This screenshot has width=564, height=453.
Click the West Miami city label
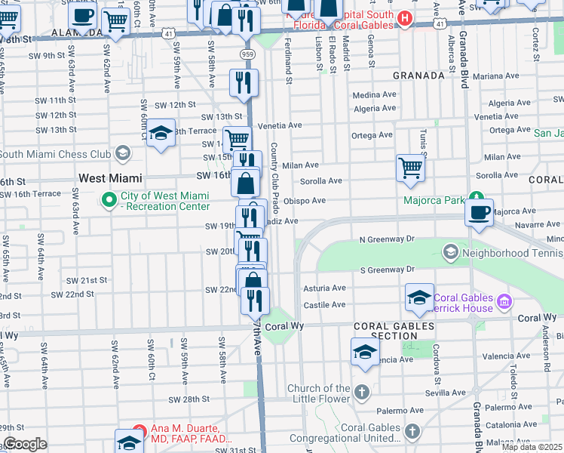click(110, 178)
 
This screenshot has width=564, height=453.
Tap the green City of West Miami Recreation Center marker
click(109, 200)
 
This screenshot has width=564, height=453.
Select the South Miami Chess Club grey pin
click(122, 154)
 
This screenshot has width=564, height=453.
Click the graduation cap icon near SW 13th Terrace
click(161, 134)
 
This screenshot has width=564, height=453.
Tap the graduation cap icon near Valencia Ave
click(366, 351)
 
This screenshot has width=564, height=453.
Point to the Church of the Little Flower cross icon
click(362, 391)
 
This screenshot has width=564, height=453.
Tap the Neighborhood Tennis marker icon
click(450, 250)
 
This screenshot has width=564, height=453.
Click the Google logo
click(25, 444)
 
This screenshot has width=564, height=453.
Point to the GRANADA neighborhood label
click(418, 75)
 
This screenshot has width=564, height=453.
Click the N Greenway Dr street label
click(387, 239)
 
